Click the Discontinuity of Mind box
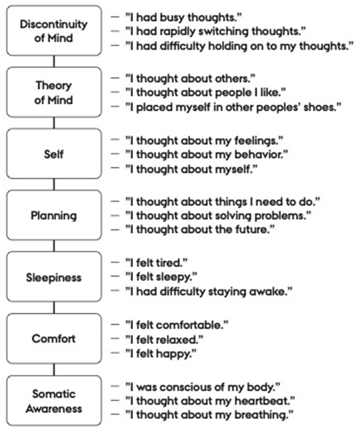click(x=54, y=30)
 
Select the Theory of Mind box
click(x=54, y=92)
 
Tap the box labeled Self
click(x=54, y=154)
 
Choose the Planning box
click(x=54, y=215)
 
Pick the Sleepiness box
click(x=54, y=277)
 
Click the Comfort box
click(x=54, y=339)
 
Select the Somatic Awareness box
click(x=54, y=401)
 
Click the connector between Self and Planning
click(x=54, y=184)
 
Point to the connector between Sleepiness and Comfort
click(x=54, y=308)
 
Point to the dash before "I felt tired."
click(x=115, y=262)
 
